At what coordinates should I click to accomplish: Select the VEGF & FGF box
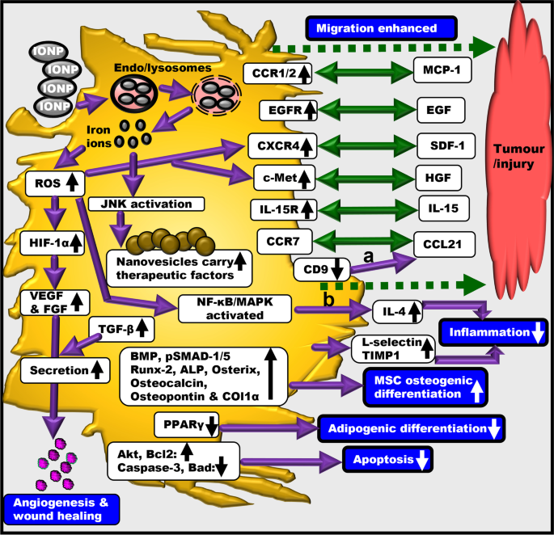click(45, 303)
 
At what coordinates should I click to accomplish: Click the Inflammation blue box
click(494, 331)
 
